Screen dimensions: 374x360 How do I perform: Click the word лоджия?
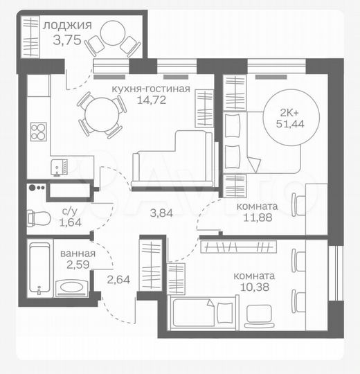point(66,26)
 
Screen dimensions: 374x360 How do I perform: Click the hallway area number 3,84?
point(161,213)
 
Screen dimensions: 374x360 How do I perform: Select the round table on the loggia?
point(111,33)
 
